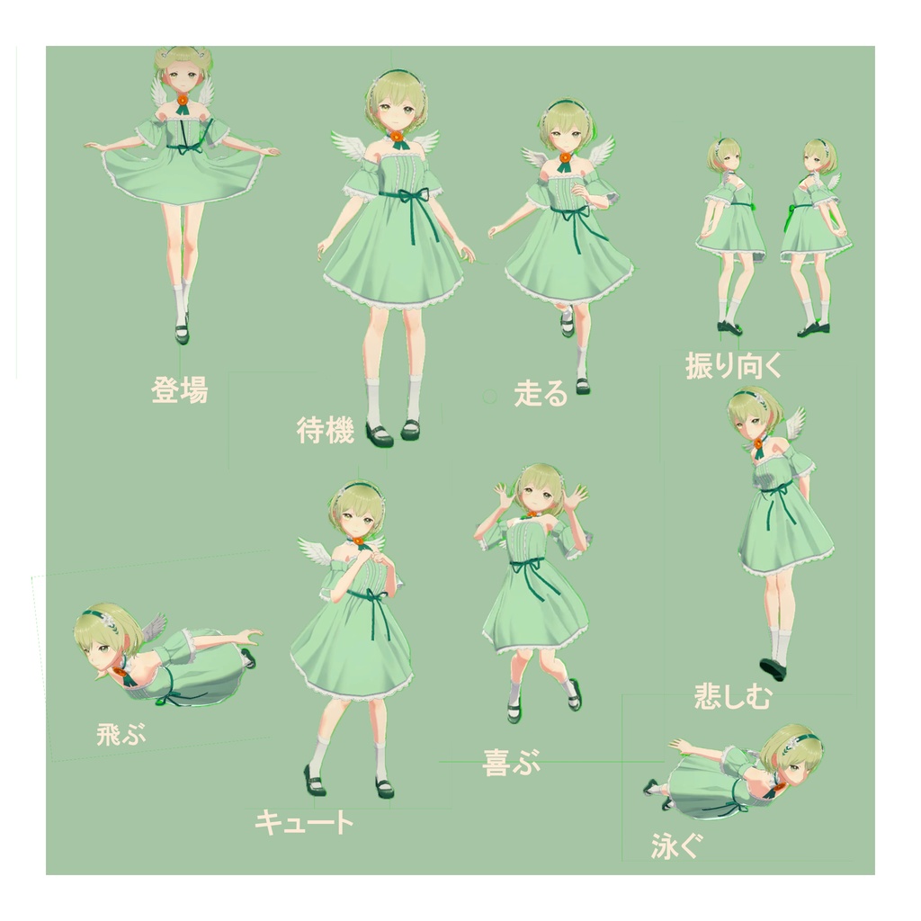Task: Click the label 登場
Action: [x=180, y=390]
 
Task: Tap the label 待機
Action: [x=325, y=431]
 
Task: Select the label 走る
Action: [x=541, y=393]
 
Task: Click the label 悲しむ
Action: [x=732, y=695]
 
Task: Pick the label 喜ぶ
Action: [x=512, y=764]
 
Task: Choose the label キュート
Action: [x=304, y=821]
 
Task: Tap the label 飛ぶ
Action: [x=121, y=735]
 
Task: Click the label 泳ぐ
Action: [x=675, y=846]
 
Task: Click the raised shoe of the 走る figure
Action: [x=568, y=321]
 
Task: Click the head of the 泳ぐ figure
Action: [x=791, y=754]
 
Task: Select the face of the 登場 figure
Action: [x=183, y=77]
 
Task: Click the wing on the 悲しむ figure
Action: [x=792, y=421]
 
